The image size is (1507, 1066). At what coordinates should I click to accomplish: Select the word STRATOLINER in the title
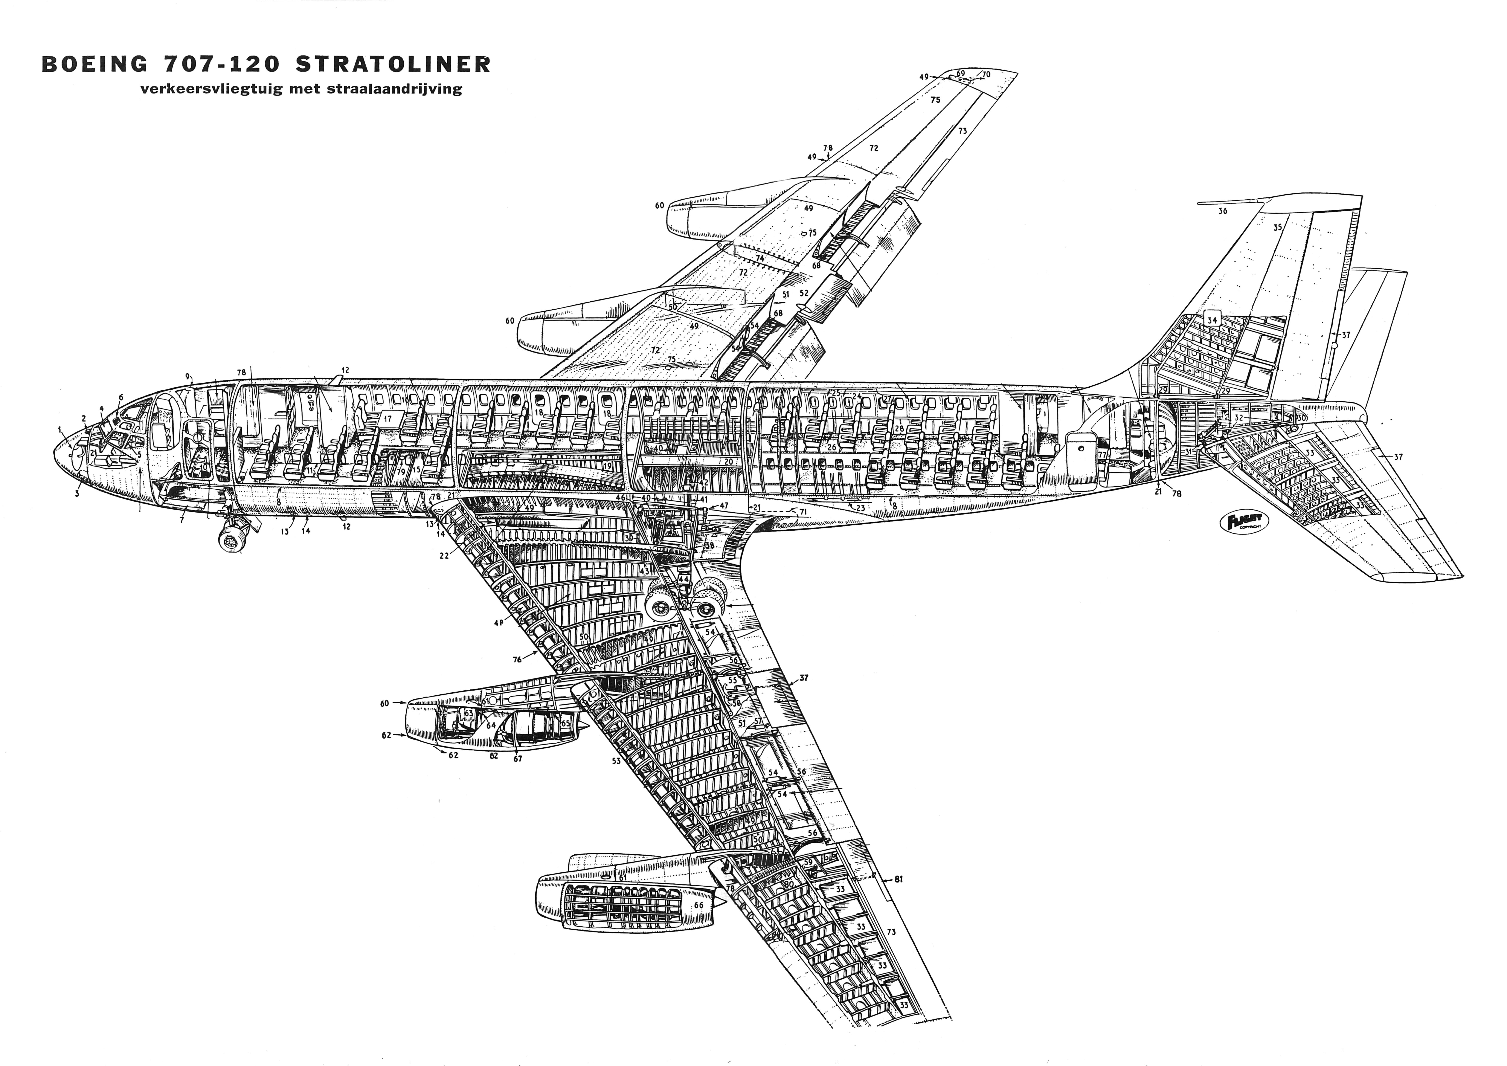tap(392, 64)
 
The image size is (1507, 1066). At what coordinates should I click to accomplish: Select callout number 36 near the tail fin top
tap(1222, 211)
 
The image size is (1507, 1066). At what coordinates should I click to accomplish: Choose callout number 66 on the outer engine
tap(698, 905)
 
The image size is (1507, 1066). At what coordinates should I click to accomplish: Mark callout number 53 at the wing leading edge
tap(616, 761)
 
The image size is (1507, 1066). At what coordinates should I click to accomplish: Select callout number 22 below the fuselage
tap(444, 555)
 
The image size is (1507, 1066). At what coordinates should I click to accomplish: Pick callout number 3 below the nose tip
tap(77, 494)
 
